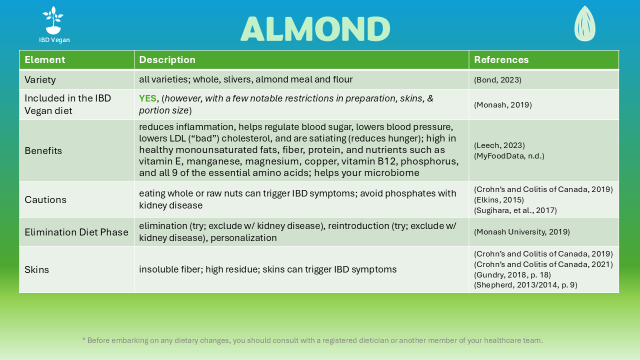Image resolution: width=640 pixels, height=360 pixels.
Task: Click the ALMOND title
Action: click(x=315, y=28)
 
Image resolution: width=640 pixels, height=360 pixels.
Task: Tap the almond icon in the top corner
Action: click(x=584, y=23)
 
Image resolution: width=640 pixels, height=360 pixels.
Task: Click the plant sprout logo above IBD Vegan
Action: click(x=53, y=20)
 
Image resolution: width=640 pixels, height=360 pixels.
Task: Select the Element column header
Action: click(x=45, y=59)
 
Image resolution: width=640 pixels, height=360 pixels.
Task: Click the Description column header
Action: click(x=167, y=59)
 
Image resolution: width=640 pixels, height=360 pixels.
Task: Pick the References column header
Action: click(x=501, y=59)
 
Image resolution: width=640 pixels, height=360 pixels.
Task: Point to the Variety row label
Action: click(x=40, y=79)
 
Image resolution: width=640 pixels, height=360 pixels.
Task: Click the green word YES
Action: click(x=147, y=98)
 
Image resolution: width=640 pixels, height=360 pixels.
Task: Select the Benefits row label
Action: click(x=43, y=150)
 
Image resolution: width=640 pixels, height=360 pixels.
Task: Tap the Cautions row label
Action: click(x=45, y=199)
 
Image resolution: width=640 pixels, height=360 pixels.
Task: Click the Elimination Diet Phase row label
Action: click(x=76, y=232)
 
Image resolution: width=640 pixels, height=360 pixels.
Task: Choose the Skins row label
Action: click(x=36, y=269)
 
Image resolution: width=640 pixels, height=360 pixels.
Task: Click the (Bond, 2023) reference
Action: click(x=497, y=79)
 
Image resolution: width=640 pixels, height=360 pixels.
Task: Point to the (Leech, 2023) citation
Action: click(x=499, y=145)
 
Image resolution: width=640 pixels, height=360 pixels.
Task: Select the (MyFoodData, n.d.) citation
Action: click(x=509, y=156)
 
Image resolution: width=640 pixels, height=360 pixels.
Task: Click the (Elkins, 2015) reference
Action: click(x=498, y=199)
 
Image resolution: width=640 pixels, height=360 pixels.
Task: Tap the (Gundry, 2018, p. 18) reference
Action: click(x=512, y=275)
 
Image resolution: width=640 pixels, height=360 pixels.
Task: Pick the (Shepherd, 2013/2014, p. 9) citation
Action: click(x=525, y=285)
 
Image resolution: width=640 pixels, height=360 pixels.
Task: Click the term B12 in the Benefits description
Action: click(x=387, y=161)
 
